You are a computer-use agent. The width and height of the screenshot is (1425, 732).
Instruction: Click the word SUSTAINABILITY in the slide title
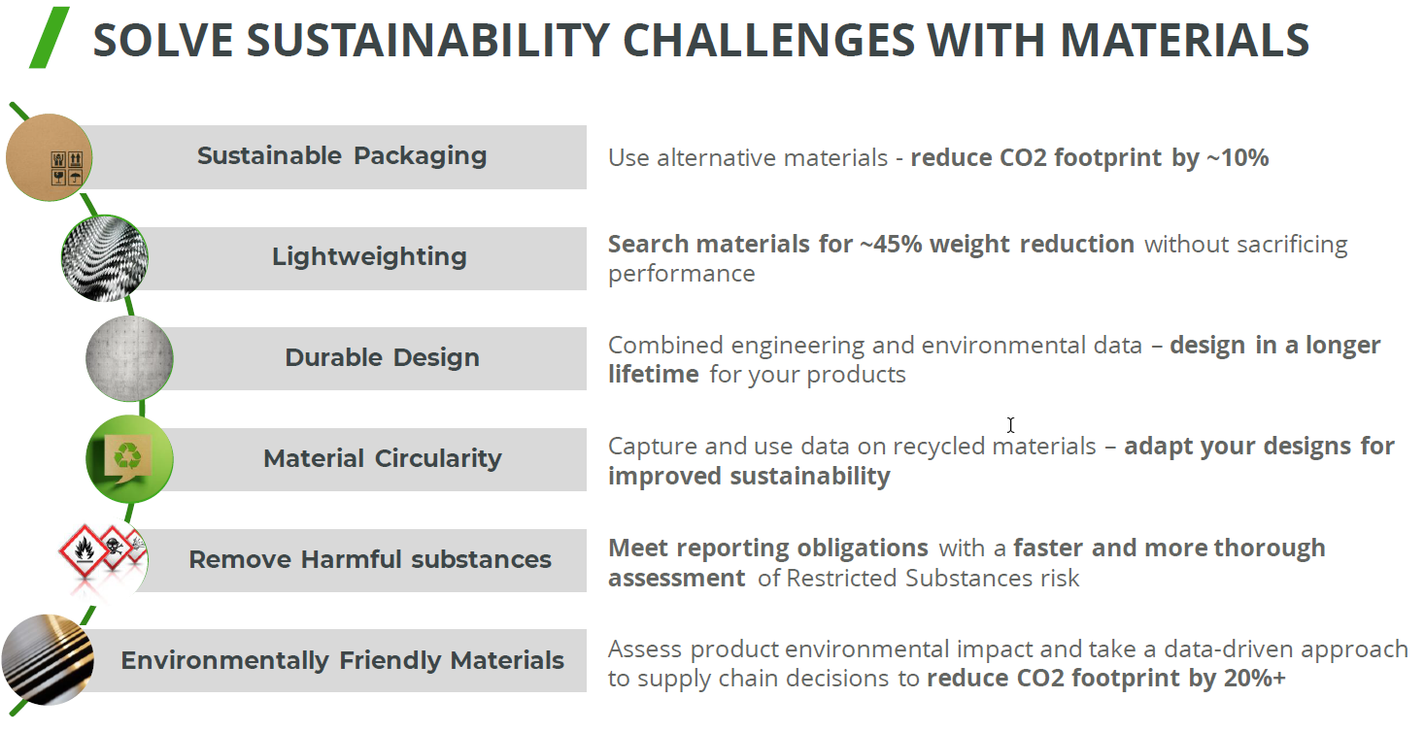point(428,40)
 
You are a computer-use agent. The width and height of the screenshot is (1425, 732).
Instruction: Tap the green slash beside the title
point(49,37)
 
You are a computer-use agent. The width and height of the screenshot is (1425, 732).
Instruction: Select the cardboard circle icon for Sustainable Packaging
point(49,157)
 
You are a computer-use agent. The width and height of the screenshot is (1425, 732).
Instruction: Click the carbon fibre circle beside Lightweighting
point(105,258)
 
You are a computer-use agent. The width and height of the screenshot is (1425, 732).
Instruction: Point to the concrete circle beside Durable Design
point(129,358)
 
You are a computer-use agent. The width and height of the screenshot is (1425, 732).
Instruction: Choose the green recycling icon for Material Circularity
point(129,458)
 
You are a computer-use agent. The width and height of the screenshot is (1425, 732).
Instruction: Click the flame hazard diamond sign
point(84,550)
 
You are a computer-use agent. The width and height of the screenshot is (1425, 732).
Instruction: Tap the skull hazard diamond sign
point(114,547)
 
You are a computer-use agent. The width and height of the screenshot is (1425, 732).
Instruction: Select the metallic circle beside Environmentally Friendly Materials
point(49,659)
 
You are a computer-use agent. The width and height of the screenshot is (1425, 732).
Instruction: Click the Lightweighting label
point(370,257)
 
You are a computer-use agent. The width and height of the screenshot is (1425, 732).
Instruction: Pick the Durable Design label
point(383,357)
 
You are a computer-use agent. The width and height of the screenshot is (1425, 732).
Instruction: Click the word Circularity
point(438,458)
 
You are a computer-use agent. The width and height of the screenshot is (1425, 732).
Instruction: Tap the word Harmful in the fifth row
point(352,559)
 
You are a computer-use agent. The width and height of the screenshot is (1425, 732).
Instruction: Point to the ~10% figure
point(1238,157)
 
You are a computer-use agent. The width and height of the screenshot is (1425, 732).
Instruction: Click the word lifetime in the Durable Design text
point(654,375)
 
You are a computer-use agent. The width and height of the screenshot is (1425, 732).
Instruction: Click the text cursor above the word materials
point(1010,425)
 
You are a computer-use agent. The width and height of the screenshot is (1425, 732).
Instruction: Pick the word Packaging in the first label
point(421,156)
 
